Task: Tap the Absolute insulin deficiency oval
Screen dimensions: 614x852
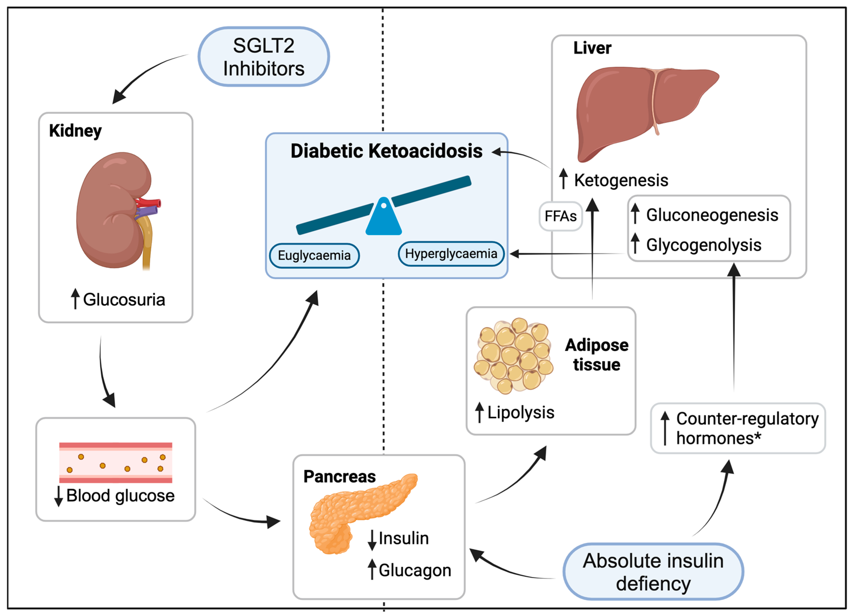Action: point(653,571)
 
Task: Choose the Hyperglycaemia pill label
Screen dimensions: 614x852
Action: point(451,254)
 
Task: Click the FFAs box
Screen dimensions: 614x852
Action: point(560,216)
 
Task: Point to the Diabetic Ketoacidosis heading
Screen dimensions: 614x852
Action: point(386,151)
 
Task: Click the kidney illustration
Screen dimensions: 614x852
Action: point(113,211)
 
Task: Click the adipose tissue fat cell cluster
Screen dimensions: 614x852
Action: point(513,355)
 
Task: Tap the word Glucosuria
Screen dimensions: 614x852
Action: point(124,300)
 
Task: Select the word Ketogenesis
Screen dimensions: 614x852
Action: point(621,180)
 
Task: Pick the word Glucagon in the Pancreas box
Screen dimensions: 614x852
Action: point(415,570)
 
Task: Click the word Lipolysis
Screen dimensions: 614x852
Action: point(521,413)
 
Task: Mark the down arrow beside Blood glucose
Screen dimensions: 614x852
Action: point(58,496)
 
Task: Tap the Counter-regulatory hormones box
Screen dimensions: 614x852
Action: point(738,428)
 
